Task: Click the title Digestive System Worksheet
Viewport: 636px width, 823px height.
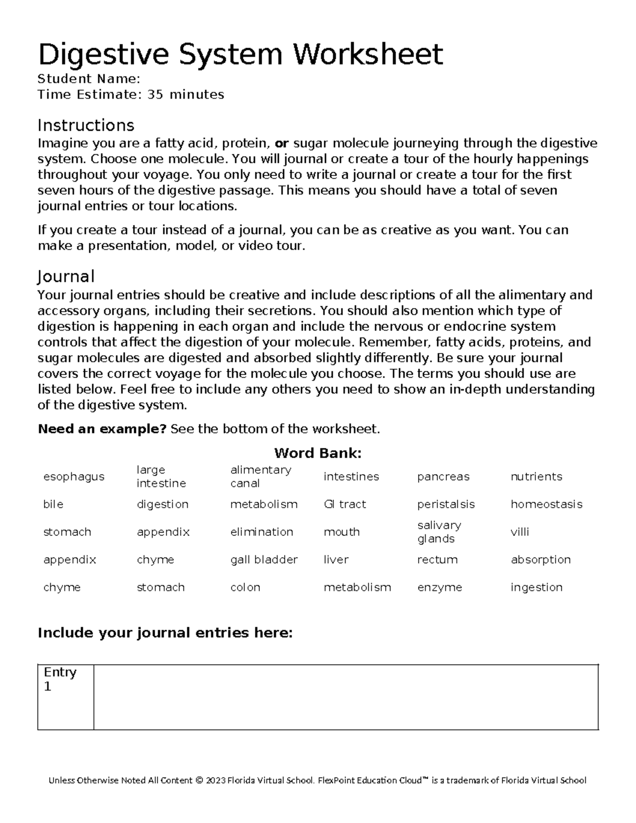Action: point(240,54)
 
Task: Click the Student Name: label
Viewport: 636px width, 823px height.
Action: point(89,79)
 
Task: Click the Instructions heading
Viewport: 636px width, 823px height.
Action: point(86,126)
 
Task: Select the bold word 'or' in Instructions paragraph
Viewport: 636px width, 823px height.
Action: point(282,144)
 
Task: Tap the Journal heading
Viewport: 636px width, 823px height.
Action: point(66,277)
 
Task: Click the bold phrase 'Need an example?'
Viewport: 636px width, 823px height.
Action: point(102,429)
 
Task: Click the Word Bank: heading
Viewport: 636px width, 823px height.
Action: point(317,453)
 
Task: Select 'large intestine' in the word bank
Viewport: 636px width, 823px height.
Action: point(161,476)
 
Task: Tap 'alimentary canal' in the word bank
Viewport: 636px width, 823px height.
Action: point(260,476)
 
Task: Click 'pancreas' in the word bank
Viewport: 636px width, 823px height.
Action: point(443,476)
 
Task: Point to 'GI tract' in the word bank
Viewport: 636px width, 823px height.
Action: point(344,504)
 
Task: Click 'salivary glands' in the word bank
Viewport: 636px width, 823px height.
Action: point(439,532)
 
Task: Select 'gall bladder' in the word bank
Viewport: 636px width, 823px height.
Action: point(264,560)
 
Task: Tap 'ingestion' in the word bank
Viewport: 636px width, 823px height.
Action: point(536,587)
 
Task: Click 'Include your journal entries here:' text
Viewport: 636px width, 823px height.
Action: point(165,633)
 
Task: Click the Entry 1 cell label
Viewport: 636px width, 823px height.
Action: point(60,679)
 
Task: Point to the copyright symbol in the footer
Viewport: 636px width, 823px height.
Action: point(199,781)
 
